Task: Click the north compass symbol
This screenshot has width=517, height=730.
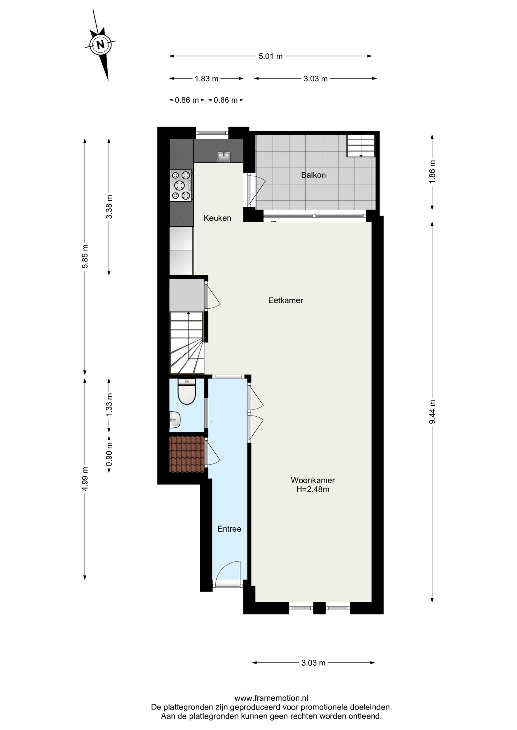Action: tap(101, 45)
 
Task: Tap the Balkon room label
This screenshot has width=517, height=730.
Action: tap(313, 175)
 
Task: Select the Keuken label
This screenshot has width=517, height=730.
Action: tap(217, 218)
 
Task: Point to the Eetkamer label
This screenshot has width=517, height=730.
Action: tap(286, 300)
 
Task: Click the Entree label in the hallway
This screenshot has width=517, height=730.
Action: tap(229, 529)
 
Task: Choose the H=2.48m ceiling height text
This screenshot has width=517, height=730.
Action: tap(313, 489)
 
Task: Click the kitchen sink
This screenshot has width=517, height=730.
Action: tap(224, 156)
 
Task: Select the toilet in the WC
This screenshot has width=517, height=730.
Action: tap(187, 392)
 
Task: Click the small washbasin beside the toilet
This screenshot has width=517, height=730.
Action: tap(175, 420)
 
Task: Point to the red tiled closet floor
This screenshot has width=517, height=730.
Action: tap(187, 454)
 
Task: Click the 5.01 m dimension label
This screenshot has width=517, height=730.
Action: tap(271, 56)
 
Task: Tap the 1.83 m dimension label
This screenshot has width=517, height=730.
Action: tap(206, 79)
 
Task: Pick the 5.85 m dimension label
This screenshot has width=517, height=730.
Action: tap(85, 256)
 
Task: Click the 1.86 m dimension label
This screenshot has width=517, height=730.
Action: tap(432, 172)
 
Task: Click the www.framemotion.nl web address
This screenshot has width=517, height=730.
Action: tap(271, 698)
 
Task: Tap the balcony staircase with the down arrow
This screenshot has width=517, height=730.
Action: tap(361, 146)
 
